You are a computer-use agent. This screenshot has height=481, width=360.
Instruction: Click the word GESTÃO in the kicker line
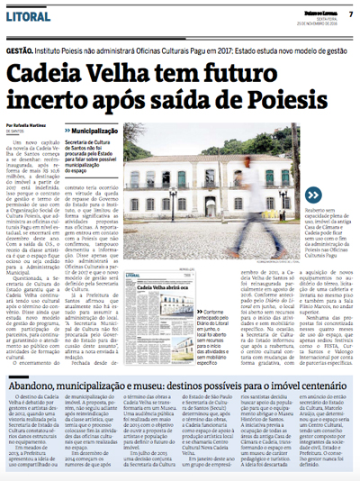[21, 53]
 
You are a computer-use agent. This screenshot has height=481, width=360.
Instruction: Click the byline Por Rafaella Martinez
[31, 124]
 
